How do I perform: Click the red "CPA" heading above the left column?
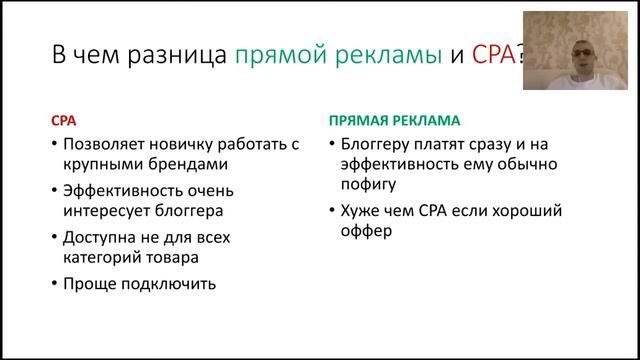[64, 120]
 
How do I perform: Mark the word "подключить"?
[170, 283]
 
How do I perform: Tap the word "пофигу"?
[369, 184]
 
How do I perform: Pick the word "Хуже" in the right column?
[363, 211]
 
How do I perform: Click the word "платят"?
[447, 143]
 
